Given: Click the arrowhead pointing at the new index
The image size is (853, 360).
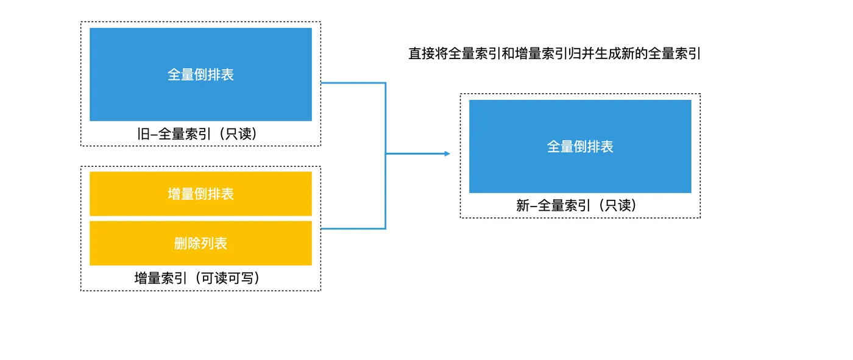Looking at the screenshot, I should pos(447,154).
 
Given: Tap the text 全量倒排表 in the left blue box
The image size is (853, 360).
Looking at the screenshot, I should pos(200,74).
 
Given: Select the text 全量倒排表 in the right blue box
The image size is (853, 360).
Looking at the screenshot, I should pos(580,147).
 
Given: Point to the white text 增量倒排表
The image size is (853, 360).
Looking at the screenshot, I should pos(200,194).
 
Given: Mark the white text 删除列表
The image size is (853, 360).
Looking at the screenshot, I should pos(200,243).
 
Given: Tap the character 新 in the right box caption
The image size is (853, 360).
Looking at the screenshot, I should pos(523,206).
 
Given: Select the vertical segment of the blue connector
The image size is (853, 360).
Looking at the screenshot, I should pos(386,183).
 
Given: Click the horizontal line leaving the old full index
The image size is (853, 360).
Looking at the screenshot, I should pos(353,83).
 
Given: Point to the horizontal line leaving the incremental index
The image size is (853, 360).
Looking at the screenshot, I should pos(353,228).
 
